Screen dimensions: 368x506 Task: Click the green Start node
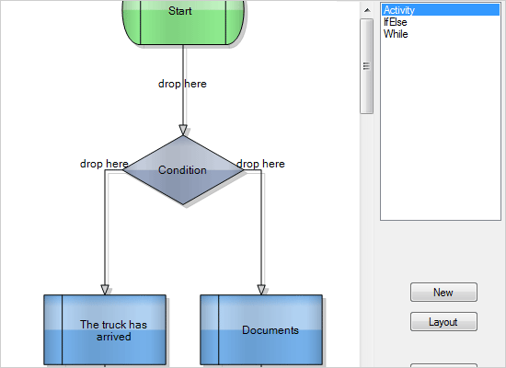[x=182, y=23]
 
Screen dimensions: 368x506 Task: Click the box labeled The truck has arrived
[x=105, y=330]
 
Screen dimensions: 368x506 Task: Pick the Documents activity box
[x=261, y=330]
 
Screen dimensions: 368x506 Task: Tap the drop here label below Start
[x=182, y=84]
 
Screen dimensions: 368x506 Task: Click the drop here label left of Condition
[x=104, y=164]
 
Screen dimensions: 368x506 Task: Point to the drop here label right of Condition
[x=260, y=164]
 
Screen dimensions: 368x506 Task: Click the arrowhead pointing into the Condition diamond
[x=182, y=129]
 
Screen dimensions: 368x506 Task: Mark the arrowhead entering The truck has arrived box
[x=105, y=289]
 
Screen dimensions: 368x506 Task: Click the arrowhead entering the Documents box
[x=261, y=289]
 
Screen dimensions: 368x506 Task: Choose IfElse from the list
[x=396, y=22]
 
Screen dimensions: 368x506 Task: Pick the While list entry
[x=396, y=34]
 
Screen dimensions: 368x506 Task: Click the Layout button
[x=443, y=322]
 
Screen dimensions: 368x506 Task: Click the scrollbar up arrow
[x=366, y=9]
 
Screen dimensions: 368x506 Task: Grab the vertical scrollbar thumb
[x=366, y=64]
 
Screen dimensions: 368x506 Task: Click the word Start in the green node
[x=180, y=11]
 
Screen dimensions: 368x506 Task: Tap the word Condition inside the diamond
[x=182, y=170]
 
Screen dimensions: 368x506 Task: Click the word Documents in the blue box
[x=270, y=330]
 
